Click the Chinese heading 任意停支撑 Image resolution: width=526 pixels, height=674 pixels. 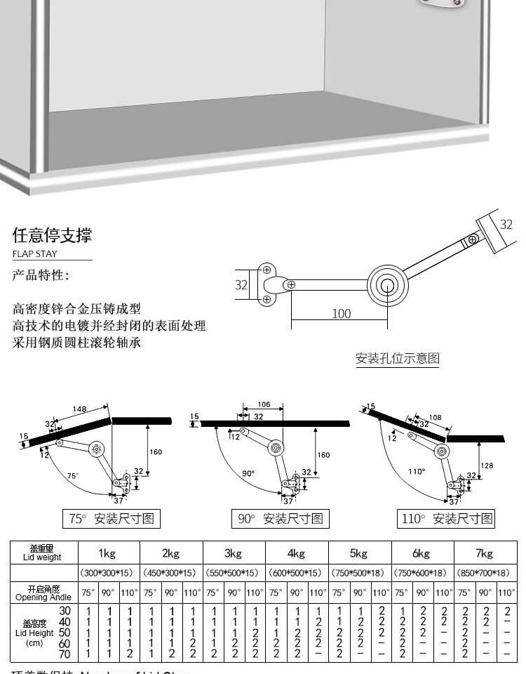[52, 234]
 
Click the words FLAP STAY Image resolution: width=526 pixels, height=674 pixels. [34, 254]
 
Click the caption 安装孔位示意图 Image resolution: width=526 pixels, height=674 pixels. [397, 358]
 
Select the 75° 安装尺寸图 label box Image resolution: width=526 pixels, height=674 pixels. [112, 519]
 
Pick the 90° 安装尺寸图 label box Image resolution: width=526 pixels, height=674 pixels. [281, 519]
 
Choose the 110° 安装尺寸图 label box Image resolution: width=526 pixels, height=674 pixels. [447, 519]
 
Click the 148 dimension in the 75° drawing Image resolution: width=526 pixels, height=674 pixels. [79, 409]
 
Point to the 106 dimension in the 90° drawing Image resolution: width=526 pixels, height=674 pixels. [264, 404]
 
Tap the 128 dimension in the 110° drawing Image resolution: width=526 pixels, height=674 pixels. [488, 465]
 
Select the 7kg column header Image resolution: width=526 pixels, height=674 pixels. [484, 553]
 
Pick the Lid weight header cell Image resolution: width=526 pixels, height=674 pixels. [42, 553]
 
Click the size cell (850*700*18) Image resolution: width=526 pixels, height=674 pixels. [483, 573]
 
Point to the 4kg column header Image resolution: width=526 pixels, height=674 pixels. [296, 553]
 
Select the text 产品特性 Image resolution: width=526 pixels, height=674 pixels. [41, 275]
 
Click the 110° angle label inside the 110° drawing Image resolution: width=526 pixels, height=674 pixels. [417, 471]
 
